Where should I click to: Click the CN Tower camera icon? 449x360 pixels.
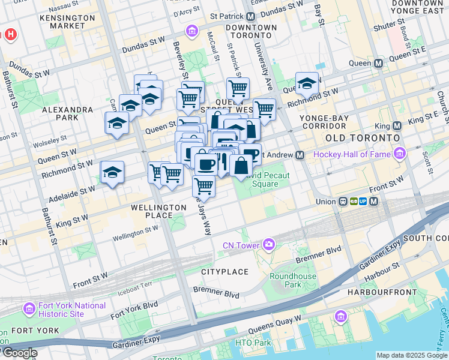tap(268, 245)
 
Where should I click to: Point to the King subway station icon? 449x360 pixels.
tap(396, 125)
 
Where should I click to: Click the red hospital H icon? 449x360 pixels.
tap(10, 35)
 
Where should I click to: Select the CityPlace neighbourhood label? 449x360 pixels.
tap(224, 272)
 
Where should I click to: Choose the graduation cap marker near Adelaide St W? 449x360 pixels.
tap(112, 173)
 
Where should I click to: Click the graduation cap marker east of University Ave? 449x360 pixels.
tap(307, 83)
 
